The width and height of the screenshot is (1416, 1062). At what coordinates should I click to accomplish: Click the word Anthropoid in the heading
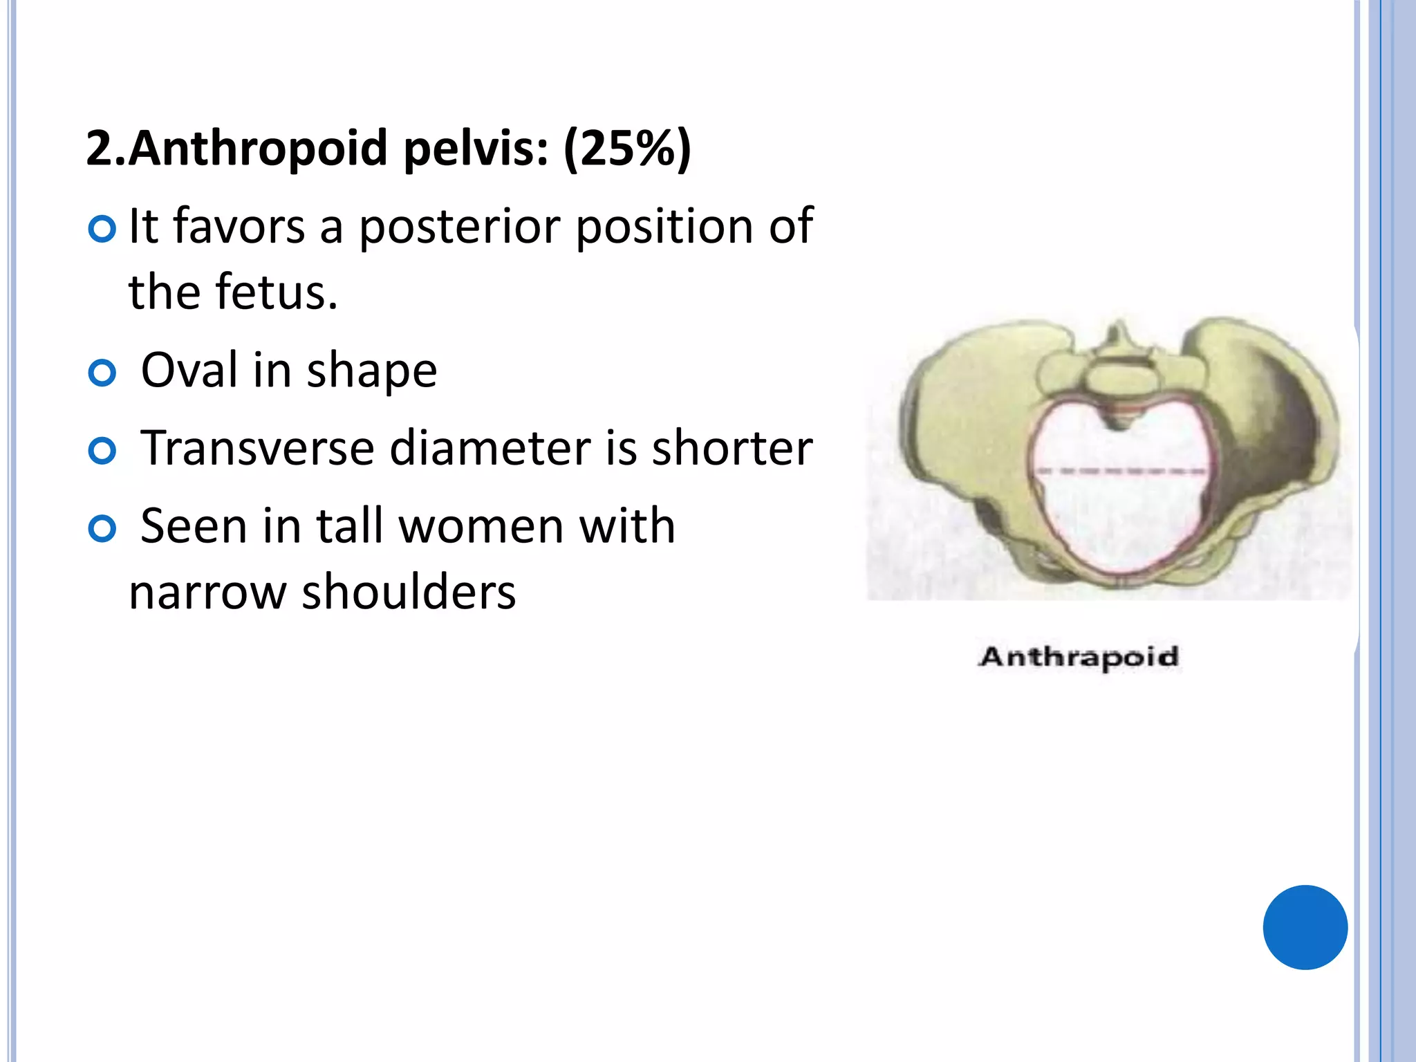pos(257,149)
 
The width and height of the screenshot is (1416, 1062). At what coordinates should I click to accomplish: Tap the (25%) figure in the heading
pos(627,149)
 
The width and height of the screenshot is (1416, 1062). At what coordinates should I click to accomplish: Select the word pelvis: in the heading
pos(476,149)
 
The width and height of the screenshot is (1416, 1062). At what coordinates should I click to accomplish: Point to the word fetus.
pos(277,292)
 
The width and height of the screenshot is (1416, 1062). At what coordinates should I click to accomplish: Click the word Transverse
pos(257,448)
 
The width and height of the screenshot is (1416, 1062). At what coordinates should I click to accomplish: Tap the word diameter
pos(490,448)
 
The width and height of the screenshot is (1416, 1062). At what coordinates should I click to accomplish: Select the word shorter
pos(732,448)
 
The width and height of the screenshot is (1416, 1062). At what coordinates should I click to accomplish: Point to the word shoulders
pos(409,593)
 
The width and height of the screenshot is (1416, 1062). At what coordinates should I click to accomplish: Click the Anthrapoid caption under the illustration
pos(1079,657)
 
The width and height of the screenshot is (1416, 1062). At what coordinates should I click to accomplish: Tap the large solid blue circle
pos(1305,927)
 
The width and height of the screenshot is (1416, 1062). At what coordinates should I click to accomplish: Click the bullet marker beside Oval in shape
pos(102,373)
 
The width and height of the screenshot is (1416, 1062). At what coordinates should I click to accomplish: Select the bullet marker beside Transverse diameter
pos(102,451)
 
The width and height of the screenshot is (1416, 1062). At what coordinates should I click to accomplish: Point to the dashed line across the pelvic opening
pos(1121,472)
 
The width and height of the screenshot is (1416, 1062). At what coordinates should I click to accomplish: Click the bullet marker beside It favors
pos(102,230)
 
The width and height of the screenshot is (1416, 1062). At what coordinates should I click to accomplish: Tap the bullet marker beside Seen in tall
pos(102,530)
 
